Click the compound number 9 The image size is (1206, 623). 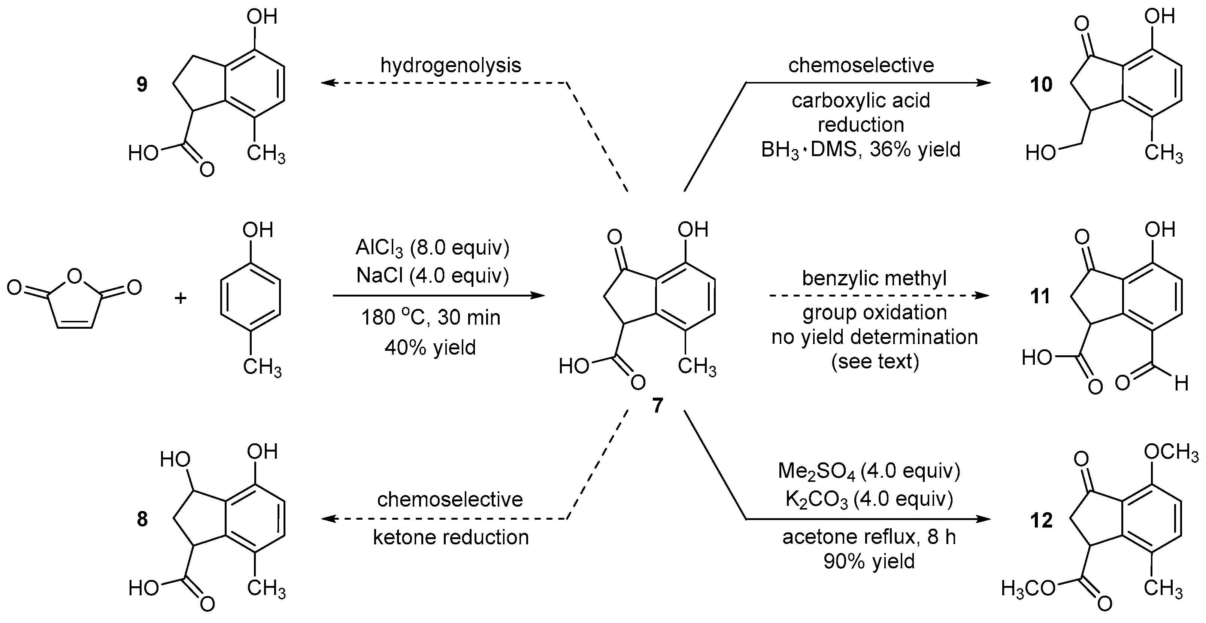tap(142, 85)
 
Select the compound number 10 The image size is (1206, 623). tap(1041, 85)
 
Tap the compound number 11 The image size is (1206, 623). tap(1040, 296)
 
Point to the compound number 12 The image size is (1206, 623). tap(1041, 520)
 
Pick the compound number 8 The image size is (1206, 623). tap(142, 519)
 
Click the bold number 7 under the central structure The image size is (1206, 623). tap(657, 406)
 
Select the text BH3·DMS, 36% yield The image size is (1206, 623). tap(861, 150)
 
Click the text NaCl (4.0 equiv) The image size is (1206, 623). tap(432, 275)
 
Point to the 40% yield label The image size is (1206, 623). tap(430, 347)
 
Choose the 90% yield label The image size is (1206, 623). tap(869, 561)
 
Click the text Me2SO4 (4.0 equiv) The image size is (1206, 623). tap(869, 471)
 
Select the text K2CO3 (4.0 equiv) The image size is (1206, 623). tap(869, 499)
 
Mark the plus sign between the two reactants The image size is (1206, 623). tap(181, 297)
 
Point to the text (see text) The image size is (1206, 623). tap(875, 361)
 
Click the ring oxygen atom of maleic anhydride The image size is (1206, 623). tap(75, 277)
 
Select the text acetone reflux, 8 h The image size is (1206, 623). tap(869, 537)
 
